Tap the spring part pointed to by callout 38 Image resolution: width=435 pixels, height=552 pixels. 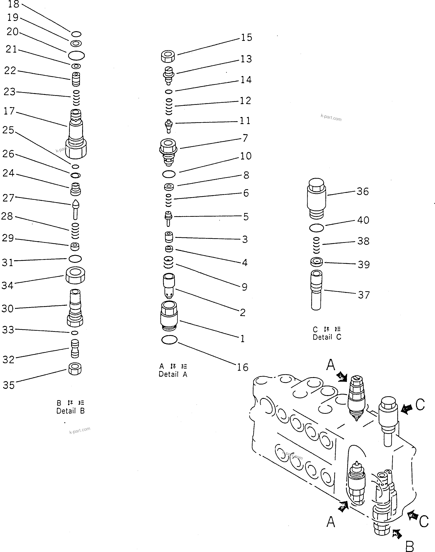click(316, 245)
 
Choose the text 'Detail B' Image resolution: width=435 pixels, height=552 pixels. click(70, 411)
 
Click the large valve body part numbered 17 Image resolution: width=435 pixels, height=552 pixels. click(76, 134)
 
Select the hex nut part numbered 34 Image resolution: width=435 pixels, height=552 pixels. click(75, 275)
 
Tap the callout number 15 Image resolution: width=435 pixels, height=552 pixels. click(246, 37)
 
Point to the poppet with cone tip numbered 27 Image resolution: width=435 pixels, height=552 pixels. click(75, 210)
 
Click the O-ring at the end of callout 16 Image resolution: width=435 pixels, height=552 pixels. click(169, 340)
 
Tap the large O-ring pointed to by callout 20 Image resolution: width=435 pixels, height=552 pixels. click(76, 55)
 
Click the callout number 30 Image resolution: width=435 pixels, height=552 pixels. click(7, 309)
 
